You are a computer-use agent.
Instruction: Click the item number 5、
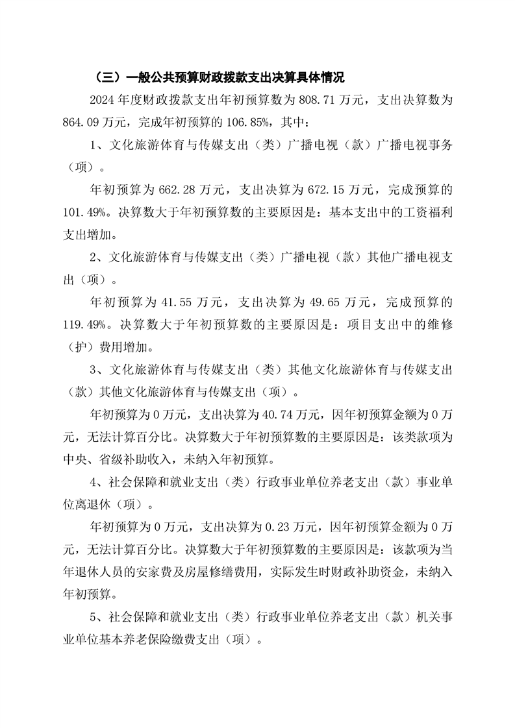tap(96, 616)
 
